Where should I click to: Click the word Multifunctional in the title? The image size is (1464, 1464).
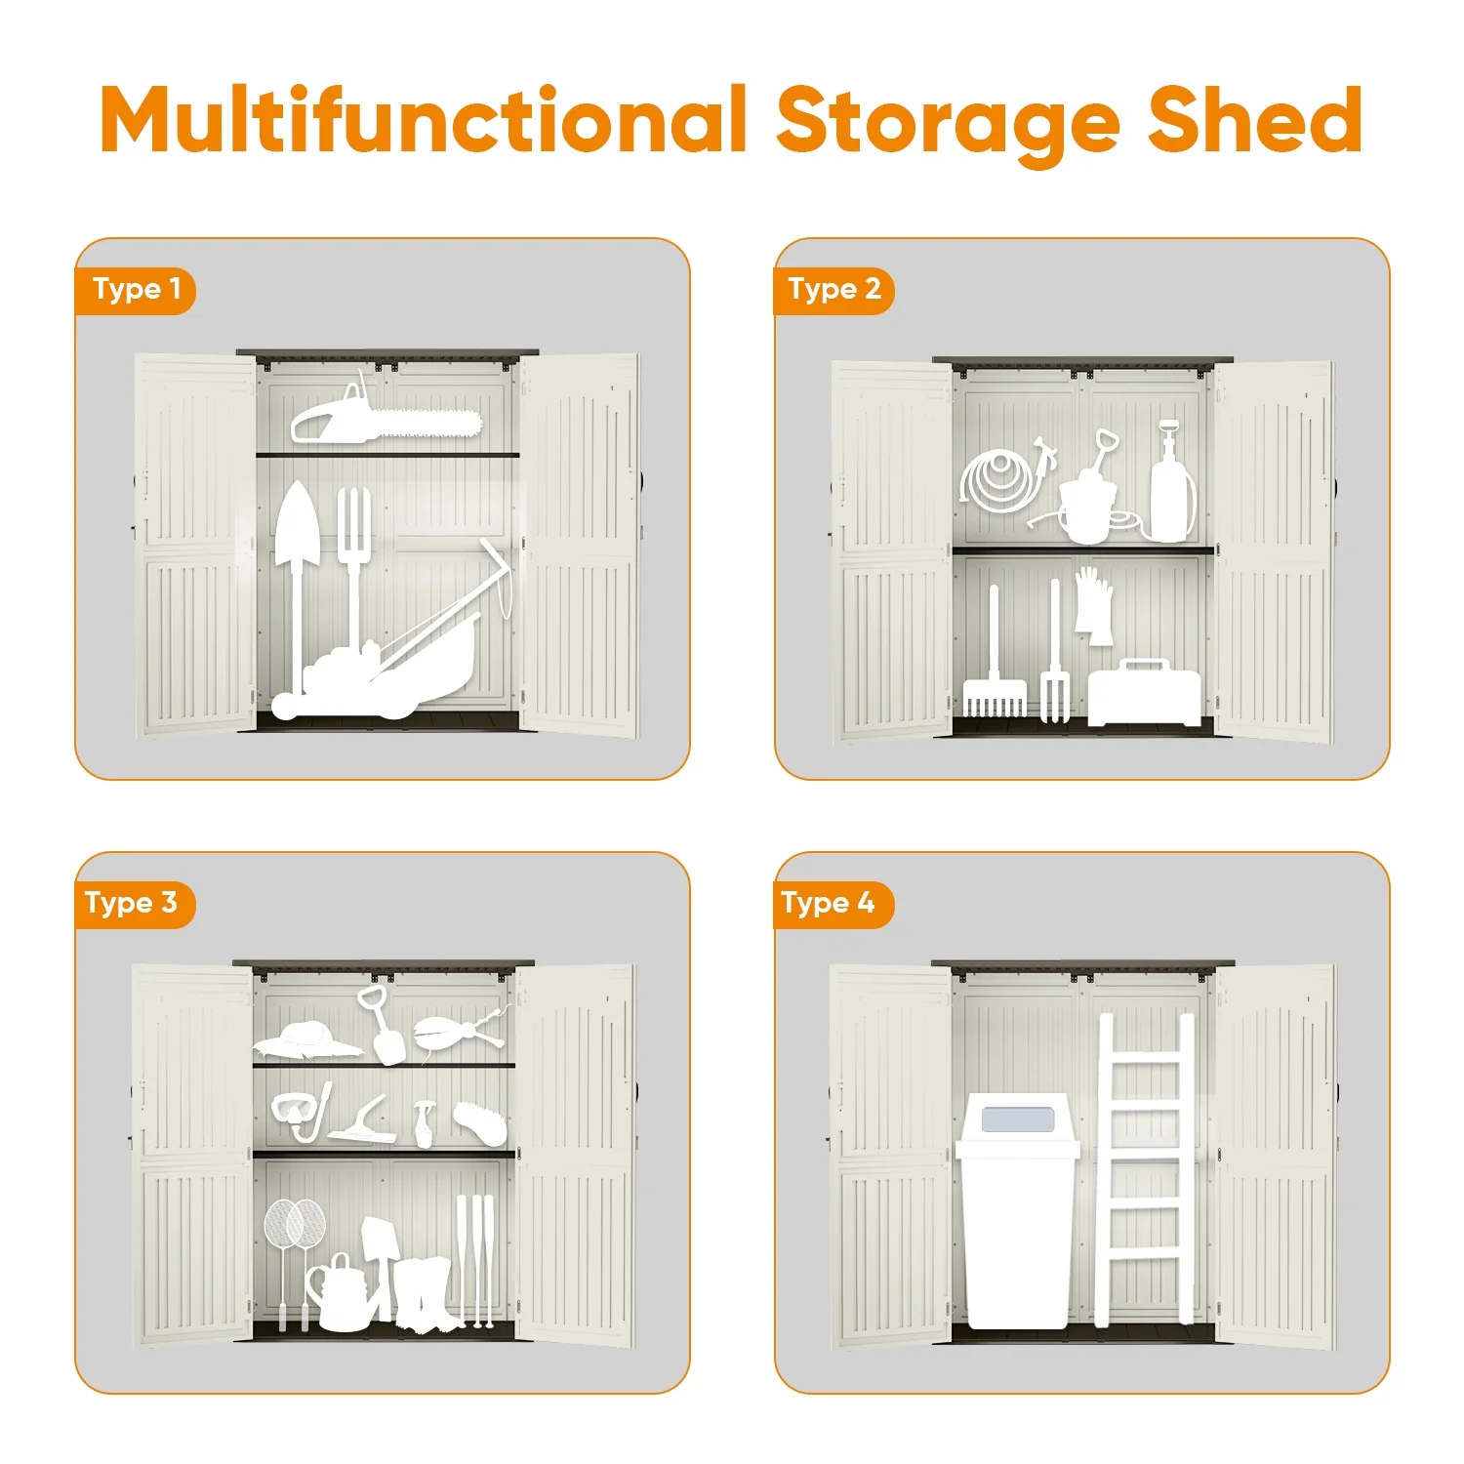pyautogui.click(x=424, y=120)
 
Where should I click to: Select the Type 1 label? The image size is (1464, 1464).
pyautogui.click(x=136, y=290)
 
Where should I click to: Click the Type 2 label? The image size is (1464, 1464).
pyautogui.click(x=834, y=290)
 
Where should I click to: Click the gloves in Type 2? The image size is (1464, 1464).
pyautogui.click(x=1095, y=605)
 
